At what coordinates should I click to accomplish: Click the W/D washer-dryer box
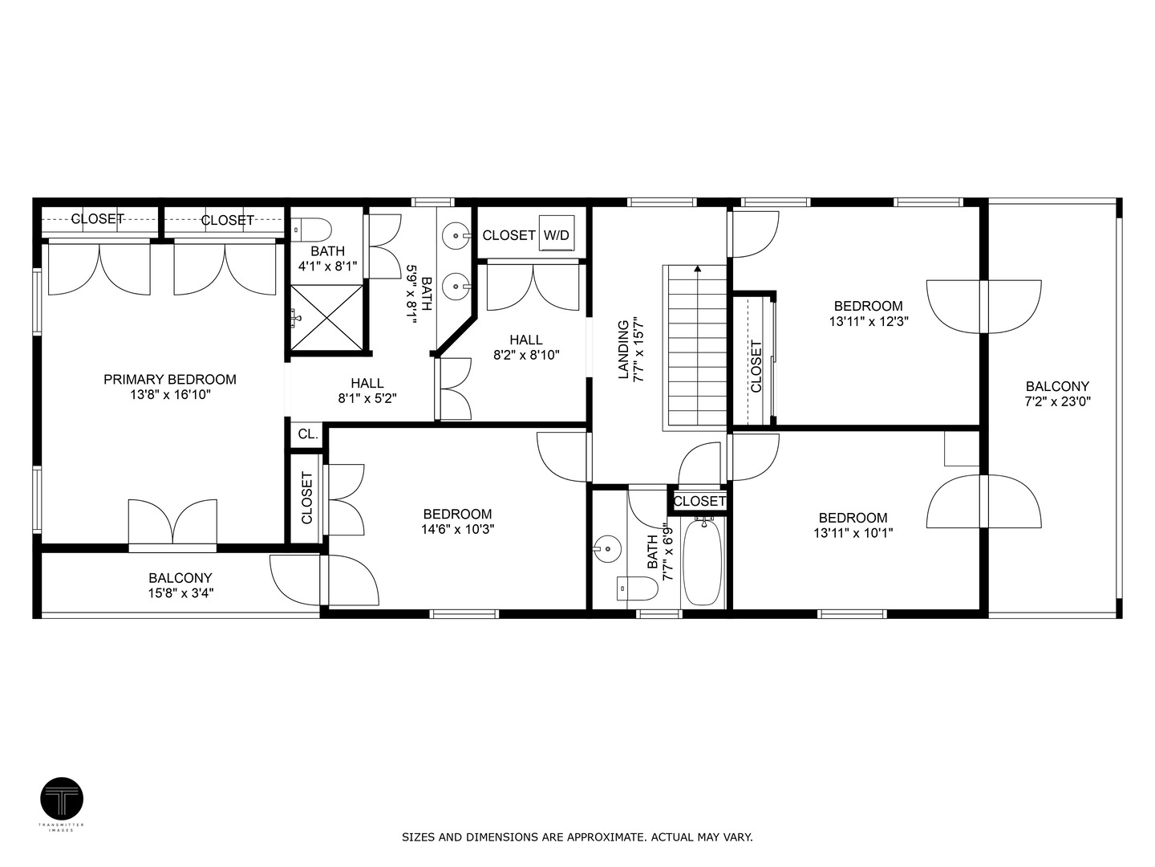coord(556,234)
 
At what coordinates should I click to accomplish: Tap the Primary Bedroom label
coord(170,379)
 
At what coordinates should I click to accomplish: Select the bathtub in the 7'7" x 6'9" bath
coord(702,563)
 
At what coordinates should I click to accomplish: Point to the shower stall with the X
coord(326,317)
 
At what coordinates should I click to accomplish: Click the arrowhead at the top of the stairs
coord(698,269)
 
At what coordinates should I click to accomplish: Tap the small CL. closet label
coord(308,434)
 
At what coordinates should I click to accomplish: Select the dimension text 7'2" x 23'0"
coord(1057,401)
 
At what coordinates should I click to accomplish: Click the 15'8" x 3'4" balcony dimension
coord(180,593)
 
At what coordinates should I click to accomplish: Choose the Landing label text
coord(623,349)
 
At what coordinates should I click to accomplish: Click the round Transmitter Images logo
coord(62,799)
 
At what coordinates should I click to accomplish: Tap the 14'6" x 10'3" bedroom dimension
coord(458,529)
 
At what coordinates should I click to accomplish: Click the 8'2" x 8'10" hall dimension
coord(526,355)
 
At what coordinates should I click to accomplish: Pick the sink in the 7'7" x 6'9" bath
coord(608,549)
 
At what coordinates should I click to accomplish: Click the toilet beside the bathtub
coord(637,588)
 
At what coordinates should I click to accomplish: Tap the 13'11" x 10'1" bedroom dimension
coord(853,533)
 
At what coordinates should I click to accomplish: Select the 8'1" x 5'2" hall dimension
coord(367,398)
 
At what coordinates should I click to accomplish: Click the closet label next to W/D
coord(509,235)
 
